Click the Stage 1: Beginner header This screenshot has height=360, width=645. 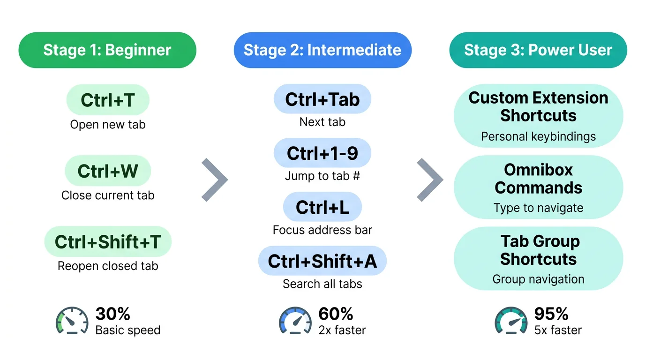click(x=107, y=50)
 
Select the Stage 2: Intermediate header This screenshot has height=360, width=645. click(x=322, y=50)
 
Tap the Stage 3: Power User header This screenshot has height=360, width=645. click(x=538, y=50)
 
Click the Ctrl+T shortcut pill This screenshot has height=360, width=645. click(x=108, y=100)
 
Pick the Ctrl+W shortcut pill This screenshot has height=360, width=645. click(x=108, y=171)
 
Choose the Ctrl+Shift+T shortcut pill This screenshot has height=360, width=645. click(x=108, y=242)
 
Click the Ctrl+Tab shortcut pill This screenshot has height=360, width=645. click(x=322, y=99)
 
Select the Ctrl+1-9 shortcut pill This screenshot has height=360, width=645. click(x=322, y=153)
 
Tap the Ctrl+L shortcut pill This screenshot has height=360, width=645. click(x=322, y=207)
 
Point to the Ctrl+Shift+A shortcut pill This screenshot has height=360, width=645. click(x=322, y=261)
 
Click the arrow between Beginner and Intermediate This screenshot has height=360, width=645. click(x=214, y=180)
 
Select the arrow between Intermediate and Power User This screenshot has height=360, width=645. click(x=430, y=180)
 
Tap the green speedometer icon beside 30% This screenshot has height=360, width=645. click(x=72, y=321)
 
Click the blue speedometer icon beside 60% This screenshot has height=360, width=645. click(x=295, y=321)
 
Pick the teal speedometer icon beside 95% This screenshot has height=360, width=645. click(x=511, y=321)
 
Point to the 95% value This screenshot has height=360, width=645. click(x=551, y=314)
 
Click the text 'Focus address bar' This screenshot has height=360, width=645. click(x=322, y=230)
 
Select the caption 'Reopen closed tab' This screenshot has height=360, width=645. click(x=108, y=266)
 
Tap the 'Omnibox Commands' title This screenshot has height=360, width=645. click(x=538, y=179)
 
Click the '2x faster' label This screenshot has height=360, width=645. click(x=342, y=330)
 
